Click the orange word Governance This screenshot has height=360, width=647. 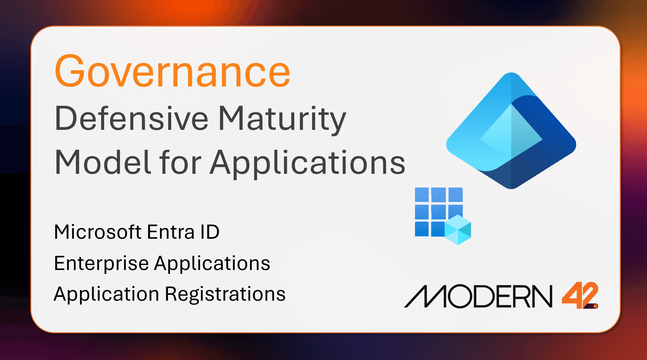[x=172, y=71]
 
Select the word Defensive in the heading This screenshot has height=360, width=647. [x=132, y=119]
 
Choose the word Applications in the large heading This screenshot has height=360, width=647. [x=308, y=163]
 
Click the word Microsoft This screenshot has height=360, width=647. [x=98, y=232]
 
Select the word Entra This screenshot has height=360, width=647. [x=171, y=232]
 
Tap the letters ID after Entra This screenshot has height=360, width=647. [x=210, y=232]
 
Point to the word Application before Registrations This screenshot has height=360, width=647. [x=107, y=294]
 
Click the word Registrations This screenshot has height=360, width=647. [x=225, y=294]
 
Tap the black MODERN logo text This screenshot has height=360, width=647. [x=478, y=296]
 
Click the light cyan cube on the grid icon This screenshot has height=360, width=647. [x=458, y=230]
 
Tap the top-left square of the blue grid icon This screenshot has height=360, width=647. [x=422, y=195]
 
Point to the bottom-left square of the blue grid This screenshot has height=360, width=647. [x=422, y=229]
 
